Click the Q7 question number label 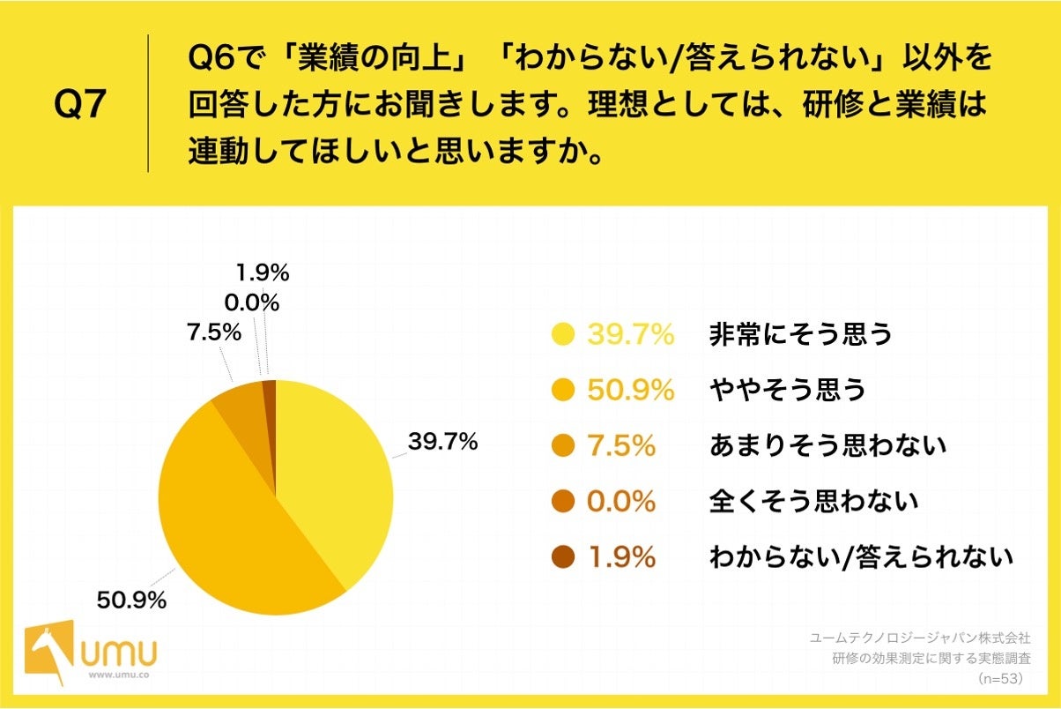pos(80,105)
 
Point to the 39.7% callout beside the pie pos(441,442)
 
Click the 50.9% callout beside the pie pos(131,601)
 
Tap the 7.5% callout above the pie pos(213,332)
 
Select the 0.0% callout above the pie pos(251,303)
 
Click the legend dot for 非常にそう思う pos(562,335)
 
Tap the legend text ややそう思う pos(788,390)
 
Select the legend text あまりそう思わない pos(827,445)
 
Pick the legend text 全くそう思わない pos(813,501)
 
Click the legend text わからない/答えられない pos(861,556)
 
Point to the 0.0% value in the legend pos(620,501)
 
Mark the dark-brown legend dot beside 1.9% pos(562,556)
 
